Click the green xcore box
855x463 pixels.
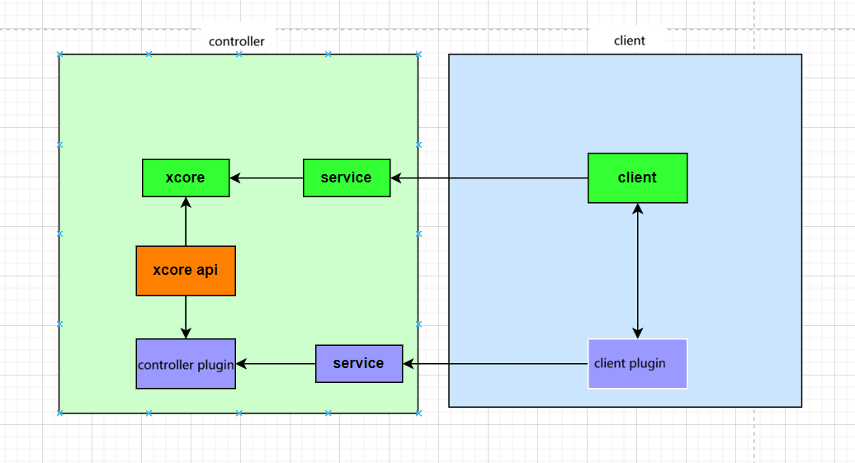tap(186, 177)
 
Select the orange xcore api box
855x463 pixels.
tap(186, 271)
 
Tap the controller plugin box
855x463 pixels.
tap(186, 364)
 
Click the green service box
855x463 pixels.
tap(346, 177)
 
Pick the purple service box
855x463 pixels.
tap(359, 363)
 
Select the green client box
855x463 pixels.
tap(637, 177)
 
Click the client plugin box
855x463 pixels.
tap(637, 363)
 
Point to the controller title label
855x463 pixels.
tap(237, 41)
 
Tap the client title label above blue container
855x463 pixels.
tap(629, 40)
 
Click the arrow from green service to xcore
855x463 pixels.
tap(267, 177)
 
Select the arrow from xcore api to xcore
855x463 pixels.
tap(186, 221)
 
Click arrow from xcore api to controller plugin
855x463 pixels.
tap(186, 317)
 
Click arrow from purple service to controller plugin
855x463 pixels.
tap(276, 363)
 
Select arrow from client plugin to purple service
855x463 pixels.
tap(495, 363)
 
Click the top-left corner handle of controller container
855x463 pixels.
tap(59, 54)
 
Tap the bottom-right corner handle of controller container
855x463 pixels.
tap(418, 413)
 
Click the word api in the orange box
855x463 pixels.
tap(207, 271)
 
